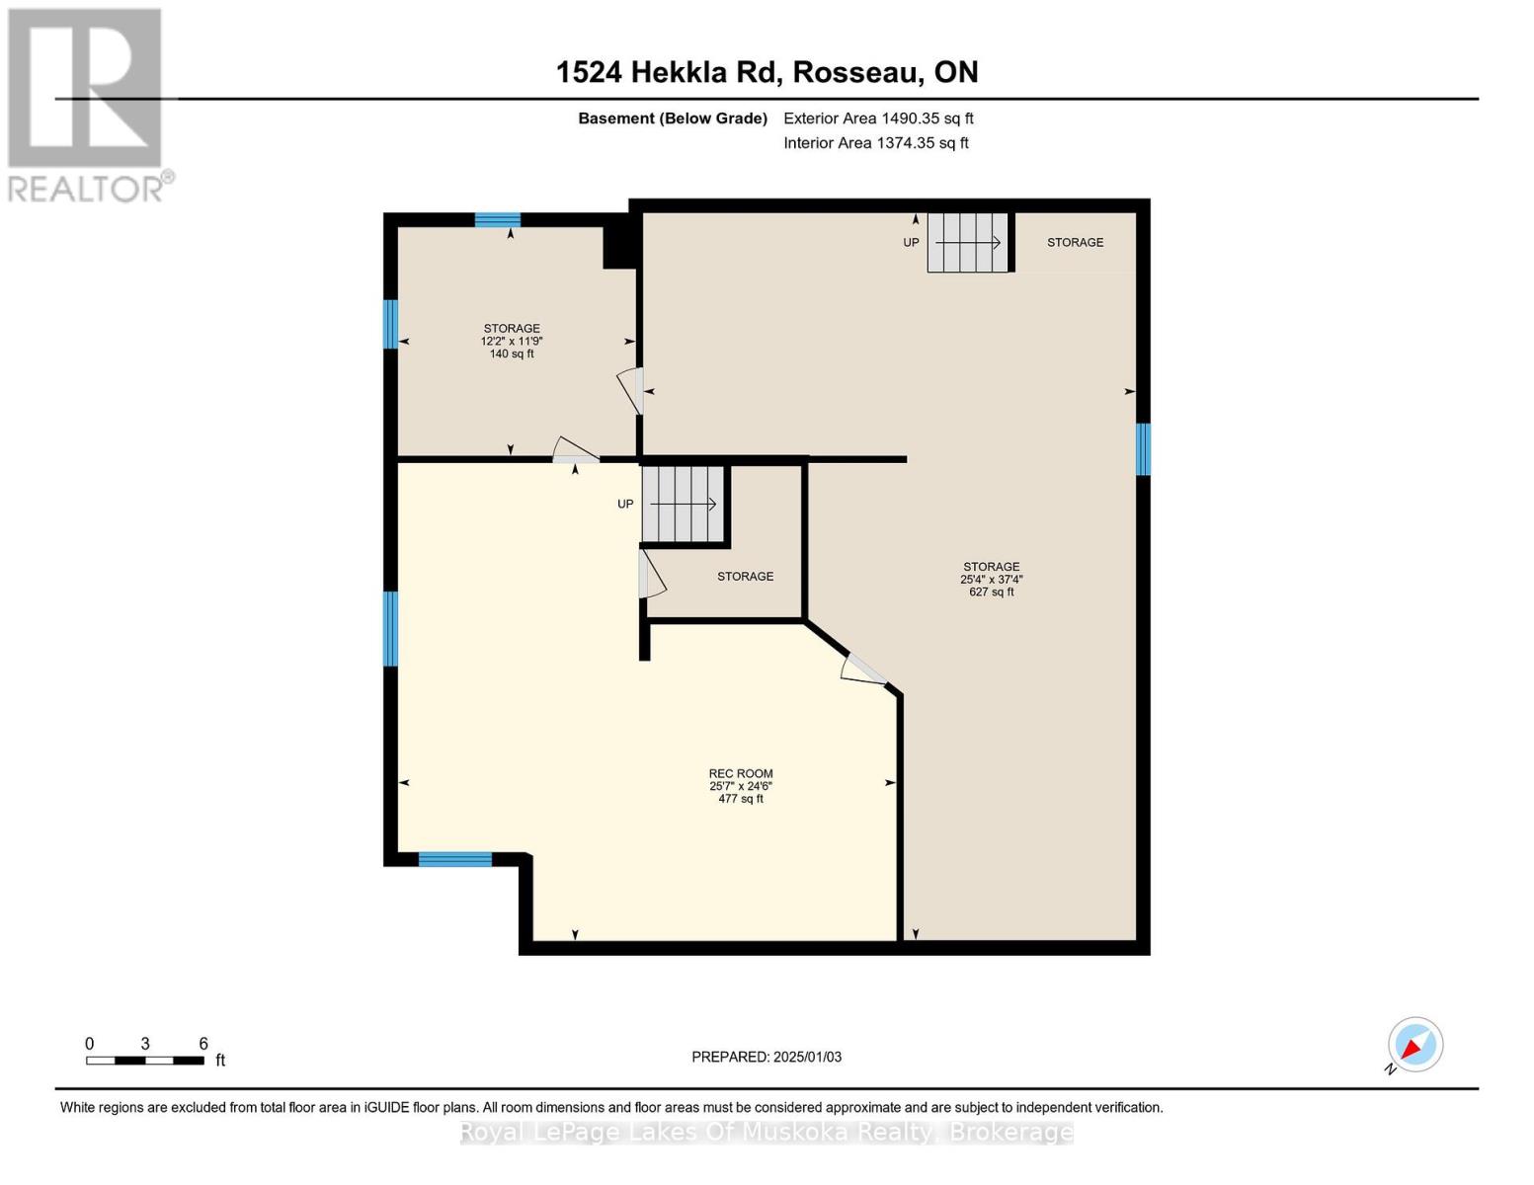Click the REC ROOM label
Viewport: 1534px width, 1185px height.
740,773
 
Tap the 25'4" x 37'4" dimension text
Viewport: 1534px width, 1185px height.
991,580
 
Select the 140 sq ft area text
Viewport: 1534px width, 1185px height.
512,354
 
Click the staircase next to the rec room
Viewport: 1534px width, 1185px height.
683,504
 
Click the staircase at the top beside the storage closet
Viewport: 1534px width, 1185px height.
967,242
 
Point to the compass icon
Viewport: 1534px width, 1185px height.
1414,1045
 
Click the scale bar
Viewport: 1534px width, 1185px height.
145,1060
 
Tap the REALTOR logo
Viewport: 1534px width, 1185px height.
86,104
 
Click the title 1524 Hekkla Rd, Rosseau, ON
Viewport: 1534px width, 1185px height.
767,72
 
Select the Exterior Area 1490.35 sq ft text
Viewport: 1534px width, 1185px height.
878,118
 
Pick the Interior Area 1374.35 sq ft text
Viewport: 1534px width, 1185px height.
875,143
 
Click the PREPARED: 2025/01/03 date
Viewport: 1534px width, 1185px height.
767,1057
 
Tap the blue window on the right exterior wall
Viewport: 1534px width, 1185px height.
1143,449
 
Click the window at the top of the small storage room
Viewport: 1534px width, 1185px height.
498,220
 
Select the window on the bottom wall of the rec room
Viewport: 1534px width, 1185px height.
454,859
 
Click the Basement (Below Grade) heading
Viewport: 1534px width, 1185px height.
673,118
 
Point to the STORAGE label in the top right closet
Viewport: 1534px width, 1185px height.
1075,242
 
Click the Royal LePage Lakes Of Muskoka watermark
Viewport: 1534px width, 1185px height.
767,1133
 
